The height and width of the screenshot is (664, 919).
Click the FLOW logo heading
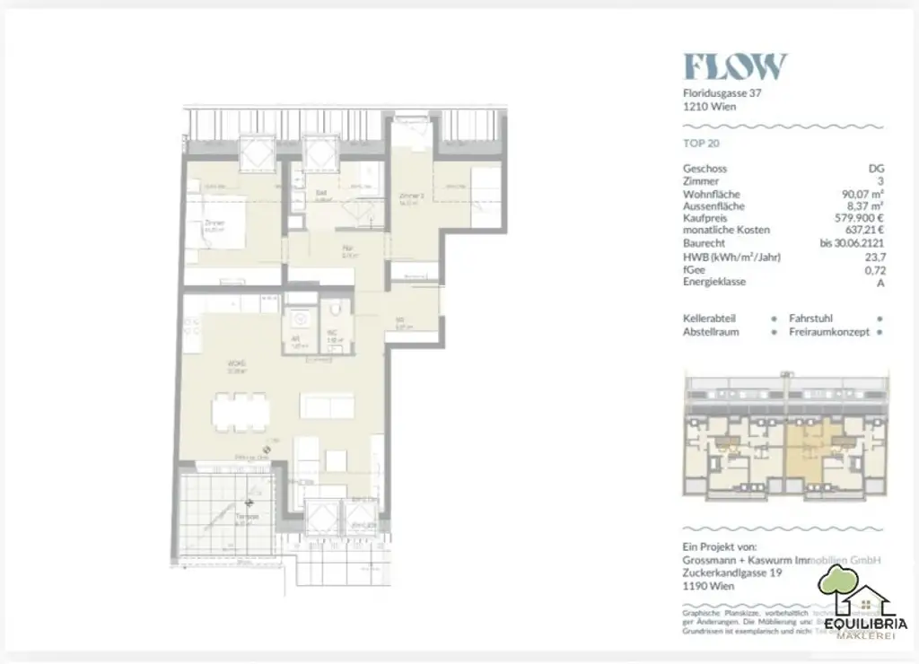[x=735, y=66]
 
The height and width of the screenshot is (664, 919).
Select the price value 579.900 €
[x=853, y=218]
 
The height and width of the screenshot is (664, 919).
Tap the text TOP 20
[x=702, y=143]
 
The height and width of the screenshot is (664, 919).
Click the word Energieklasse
[x=714, y=282]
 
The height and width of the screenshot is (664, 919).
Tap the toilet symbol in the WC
[x=335, y=311]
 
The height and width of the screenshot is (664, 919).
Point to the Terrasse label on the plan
[x=247, y=518]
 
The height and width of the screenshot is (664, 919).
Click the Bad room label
[x=320, y=192]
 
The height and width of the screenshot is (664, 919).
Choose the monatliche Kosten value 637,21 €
[x=859, y=231]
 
